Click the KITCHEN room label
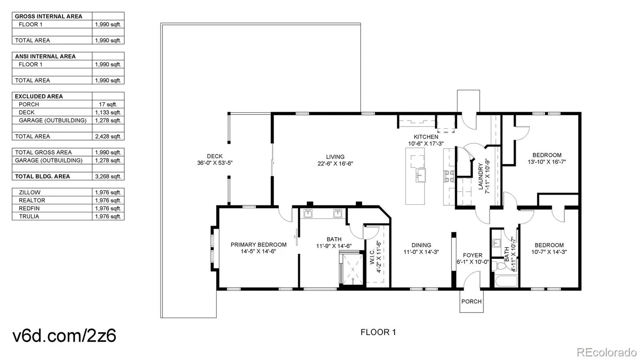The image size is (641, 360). tap(425, 137)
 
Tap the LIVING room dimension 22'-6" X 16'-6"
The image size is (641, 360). tap(335, 164)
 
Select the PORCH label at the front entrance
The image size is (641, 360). tap(471, 302)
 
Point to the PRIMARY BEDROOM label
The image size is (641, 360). tap(258, 245)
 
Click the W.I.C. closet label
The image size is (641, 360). tap(373, 257)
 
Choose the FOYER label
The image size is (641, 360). tap(472, 255)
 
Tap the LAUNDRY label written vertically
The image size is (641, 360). tap(481, 176)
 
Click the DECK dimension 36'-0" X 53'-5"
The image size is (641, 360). tap(215, 163)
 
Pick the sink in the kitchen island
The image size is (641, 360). tap(420, 175)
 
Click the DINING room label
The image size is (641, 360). tap(421, 245)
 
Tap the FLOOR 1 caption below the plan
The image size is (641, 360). tap(378, 332)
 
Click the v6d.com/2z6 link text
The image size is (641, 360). tap(65, 336)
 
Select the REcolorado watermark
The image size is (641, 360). tap(606, 352)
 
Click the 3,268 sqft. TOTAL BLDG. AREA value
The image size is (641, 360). tap(108, 176)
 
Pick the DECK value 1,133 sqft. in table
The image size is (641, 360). tap(108, 113)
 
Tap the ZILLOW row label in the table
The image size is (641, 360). tap(29, 192)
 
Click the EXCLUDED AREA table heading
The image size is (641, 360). tap(39, 96)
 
